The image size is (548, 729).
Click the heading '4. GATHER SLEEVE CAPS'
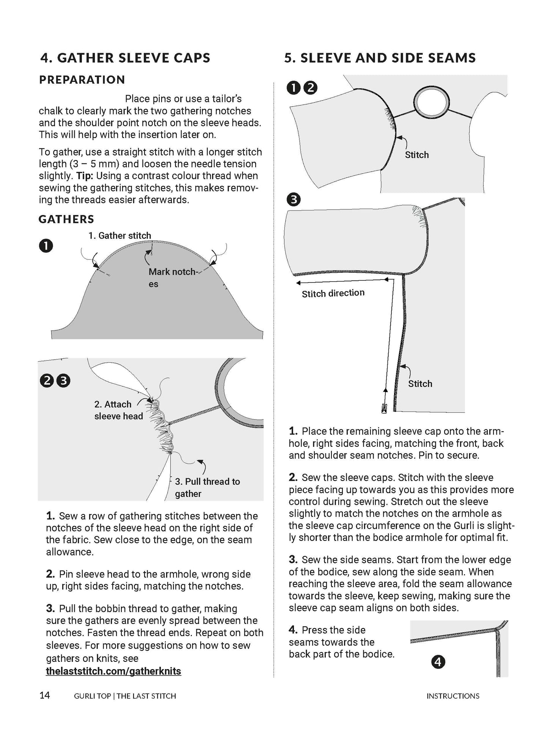click(x=125, y=58)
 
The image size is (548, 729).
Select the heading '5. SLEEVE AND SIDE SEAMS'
click(x=380, y=58)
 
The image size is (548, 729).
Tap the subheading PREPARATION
click(x=82, y=80)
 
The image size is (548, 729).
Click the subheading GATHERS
click(x=66, y=219)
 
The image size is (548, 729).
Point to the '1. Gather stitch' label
click(x=120, y=236)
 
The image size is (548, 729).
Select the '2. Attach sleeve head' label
click(x=118, y=410)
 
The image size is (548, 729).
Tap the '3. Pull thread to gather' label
click(x=207, y=487)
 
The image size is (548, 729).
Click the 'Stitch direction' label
click(x=333, y=293)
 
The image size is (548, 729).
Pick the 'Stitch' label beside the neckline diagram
click(x=416, y=155)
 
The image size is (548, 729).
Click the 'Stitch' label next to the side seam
click(x=420, y=383)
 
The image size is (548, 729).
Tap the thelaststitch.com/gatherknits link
click(x=113, y=671)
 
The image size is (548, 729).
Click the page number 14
click(x=44, y=696)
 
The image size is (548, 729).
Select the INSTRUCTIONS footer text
click(x=453, y=696)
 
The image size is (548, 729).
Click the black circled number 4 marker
click(x=438, y=662)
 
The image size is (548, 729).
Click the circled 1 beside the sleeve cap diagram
click(x=46, y=246)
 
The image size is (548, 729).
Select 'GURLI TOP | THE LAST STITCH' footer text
click(x=125, y=696)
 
